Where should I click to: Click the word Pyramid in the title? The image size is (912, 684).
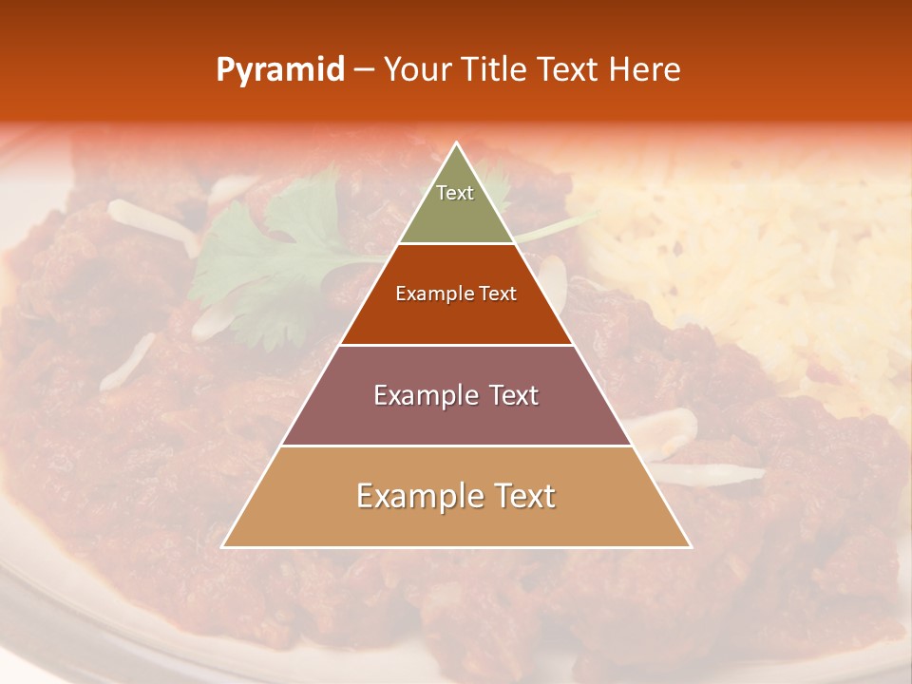click(279, 70)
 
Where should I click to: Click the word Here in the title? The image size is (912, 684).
click(645, 69)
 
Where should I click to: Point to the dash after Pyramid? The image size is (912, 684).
click(364, 70)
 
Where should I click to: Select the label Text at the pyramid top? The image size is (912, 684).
click(455, 193)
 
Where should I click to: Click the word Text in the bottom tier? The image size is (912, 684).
click(522, 496)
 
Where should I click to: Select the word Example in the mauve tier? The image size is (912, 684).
click(425, 395)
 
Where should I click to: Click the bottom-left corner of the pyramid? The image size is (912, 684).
click(222, 547)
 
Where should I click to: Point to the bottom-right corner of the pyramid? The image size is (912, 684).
click(691, 547)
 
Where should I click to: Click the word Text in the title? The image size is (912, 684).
click(569, 69)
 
